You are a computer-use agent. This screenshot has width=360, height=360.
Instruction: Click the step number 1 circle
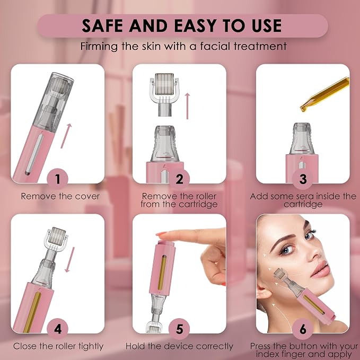click(x=57, y=179)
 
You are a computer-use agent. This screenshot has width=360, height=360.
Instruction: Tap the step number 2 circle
click(x=179, y=179)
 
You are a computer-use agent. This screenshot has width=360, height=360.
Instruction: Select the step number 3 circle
click(x=303, y=179)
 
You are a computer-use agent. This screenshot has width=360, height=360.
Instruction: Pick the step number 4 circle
click(x=57, y=329)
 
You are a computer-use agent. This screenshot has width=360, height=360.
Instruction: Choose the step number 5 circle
click(x=179, y=329)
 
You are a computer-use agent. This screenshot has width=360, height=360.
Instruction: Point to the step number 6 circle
click(x=303, y=329)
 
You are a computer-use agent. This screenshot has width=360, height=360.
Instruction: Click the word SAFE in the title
click(x=102, y=25)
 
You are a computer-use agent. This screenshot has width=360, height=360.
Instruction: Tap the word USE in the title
click(x=267, y=25)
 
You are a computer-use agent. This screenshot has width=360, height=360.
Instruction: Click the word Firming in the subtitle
click(x=99, y=47)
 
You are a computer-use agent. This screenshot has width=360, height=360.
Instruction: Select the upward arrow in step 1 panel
click(x=66, y=136)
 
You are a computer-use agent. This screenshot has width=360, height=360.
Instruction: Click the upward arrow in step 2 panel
click(x=188, y=106)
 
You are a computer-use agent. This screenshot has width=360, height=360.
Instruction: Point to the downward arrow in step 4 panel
click(x=70, y=259)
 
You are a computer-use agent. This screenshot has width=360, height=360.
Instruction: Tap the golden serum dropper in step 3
click(x=325, y=94)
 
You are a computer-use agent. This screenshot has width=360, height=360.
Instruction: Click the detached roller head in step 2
click(x=164, y=94)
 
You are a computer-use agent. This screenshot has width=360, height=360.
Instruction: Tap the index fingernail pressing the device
click(x=162, y=234)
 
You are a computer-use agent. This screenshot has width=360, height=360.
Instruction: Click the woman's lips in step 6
click(x=321, y=269)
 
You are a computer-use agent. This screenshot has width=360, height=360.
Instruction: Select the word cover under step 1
click(x=87, y=197)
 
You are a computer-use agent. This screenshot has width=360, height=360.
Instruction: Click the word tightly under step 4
click(x=91, y=346)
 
